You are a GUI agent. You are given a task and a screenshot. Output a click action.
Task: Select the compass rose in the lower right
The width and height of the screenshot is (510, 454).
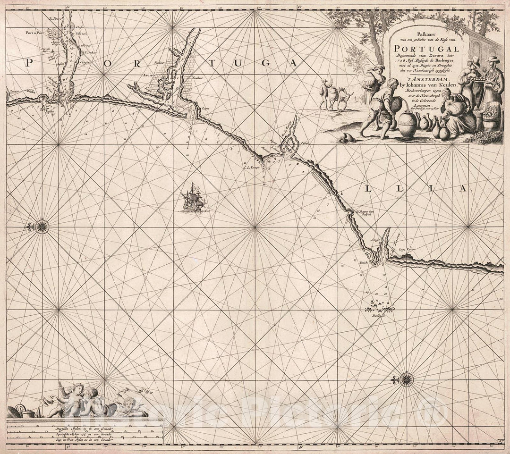point(405,378)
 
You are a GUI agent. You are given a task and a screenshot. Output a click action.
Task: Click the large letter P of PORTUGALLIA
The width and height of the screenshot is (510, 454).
point(29,63)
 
